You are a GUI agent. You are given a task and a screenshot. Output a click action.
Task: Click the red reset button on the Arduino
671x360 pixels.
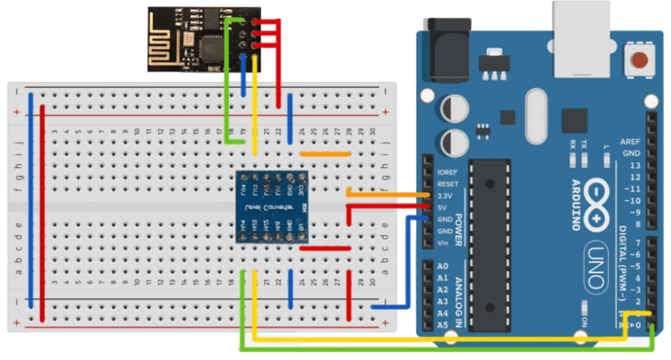click(x=639, y=60)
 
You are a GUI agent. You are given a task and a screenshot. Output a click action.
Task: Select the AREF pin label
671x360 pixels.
click(x=630, y=141)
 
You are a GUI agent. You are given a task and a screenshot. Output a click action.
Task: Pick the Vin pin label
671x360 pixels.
click(x=443, y=243)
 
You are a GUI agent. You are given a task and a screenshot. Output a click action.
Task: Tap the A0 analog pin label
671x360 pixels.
click(x=442, y=267)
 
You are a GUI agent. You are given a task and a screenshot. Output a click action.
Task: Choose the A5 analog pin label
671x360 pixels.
click(x=442, y=325)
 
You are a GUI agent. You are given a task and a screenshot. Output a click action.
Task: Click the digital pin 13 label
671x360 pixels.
click(x=635, y=165)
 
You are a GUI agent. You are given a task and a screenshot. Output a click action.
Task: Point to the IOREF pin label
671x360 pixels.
click(x=447, y=172)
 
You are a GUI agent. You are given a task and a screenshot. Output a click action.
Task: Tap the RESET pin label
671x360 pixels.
click(x=447, y=184)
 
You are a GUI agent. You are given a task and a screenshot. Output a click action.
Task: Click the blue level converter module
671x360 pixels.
click(x=272, y=207)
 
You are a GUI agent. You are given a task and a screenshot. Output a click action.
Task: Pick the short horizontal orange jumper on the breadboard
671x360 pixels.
click(x=324, y=154)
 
